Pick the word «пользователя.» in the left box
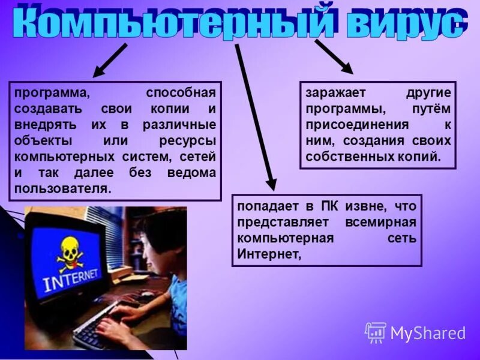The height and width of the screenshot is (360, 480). [63, 188]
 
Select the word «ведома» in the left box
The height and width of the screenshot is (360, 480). [191, 172]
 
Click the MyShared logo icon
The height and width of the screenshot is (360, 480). [376, 332]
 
